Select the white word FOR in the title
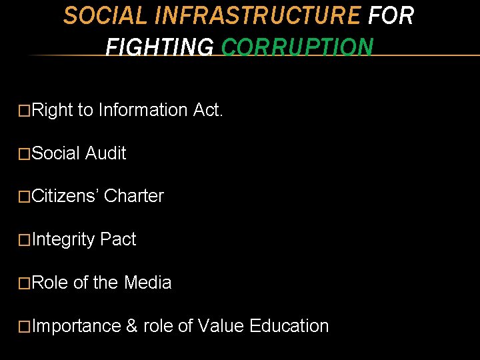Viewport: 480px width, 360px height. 391,15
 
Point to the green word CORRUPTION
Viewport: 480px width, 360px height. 297,47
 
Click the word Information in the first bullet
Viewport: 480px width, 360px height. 143,109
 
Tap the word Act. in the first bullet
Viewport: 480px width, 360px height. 208,109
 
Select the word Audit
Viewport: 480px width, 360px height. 106,153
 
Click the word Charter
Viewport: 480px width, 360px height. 134,196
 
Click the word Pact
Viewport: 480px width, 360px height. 117,239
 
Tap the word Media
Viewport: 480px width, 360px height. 147,283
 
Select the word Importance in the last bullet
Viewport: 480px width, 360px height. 76,327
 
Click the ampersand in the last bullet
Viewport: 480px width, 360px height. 132,326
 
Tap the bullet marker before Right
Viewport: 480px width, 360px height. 25,111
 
